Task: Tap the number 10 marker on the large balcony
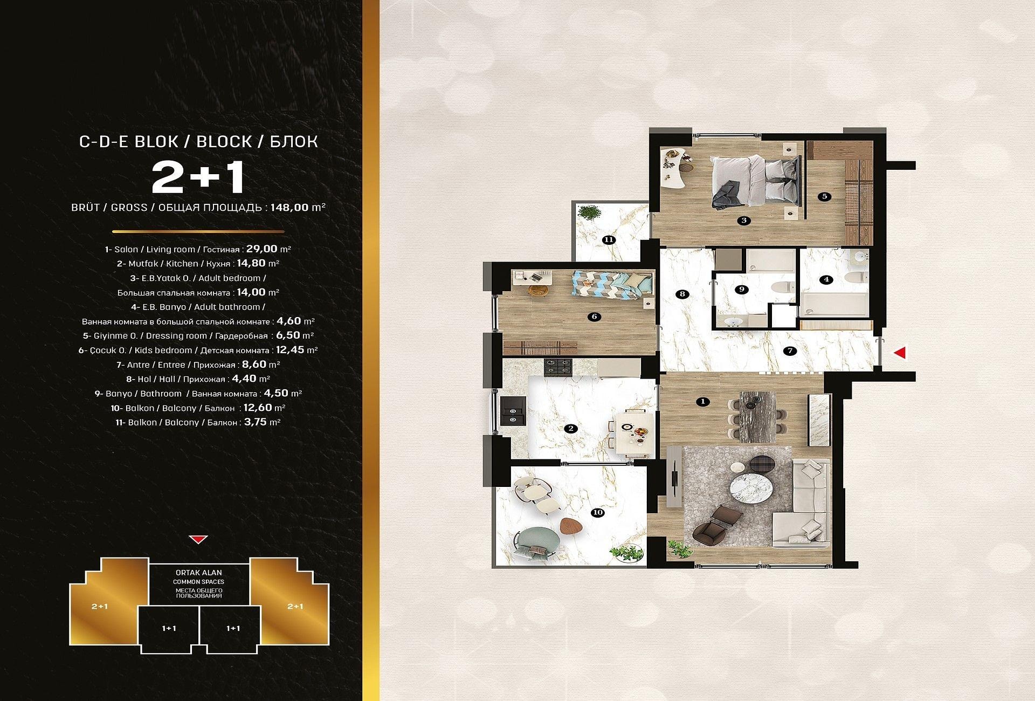click(597, 513)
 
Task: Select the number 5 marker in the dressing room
click(825, 196)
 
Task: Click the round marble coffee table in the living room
click(751, 486)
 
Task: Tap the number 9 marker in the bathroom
click(742, 290)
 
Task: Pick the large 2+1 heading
click(198, 178)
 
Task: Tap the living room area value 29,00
click(262, 249)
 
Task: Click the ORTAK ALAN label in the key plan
click(198, 573)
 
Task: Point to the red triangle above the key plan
click(198, 539)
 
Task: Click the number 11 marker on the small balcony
click(609, 240)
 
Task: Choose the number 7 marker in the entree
click(790, 351)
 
